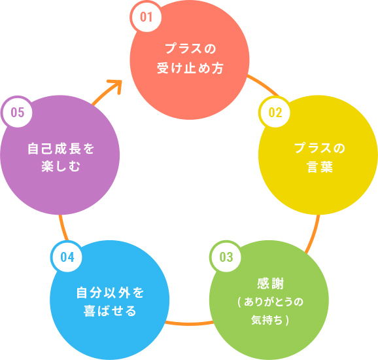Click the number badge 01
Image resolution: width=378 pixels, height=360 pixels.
click(146, 16)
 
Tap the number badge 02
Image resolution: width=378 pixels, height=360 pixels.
click(275, 112)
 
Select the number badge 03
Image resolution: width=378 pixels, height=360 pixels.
click(226, 257)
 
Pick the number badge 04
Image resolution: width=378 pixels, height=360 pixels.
click(67, 257)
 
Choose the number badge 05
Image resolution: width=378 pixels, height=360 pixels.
click(17, 112)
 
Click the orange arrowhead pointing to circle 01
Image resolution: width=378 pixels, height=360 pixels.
click(116, 85)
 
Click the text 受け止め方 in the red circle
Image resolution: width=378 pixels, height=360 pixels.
click(190, 68)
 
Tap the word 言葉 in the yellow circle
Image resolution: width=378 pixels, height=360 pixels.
click(320, 166)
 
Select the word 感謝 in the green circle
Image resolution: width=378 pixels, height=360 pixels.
click(271, 283)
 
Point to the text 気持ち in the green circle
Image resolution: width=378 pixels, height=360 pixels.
click(267, 320)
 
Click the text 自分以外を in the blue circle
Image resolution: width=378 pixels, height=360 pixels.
click(110, 293)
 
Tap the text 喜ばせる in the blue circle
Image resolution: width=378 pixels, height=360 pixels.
click(110, 311)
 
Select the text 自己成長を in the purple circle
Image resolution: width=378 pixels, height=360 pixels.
click(61, 149)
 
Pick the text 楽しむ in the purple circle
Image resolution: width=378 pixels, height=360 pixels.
click(61, 166)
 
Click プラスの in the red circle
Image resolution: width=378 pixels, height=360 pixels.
click(190, 48)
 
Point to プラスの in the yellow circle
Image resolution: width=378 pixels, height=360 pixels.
click(320, 148)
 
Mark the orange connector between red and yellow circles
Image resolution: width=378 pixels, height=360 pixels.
click(264, 85)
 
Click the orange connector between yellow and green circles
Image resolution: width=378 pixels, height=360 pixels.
click(314, 234)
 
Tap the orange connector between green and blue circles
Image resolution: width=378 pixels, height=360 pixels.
click(189, 323)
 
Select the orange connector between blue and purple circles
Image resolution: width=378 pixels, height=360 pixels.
click(63, 228)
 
